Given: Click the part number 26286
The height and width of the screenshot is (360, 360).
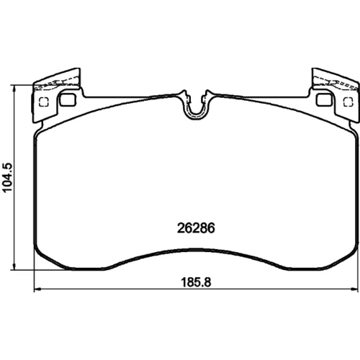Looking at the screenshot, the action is (196, 228).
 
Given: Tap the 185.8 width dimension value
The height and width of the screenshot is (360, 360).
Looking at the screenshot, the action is (196, 282).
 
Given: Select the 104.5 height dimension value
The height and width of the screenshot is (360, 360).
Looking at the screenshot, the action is (7, 177).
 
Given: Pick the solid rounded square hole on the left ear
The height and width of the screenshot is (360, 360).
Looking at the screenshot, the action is (68, 99).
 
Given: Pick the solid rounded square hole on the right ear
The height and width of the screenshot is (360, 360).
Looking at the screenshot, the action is (325, 99).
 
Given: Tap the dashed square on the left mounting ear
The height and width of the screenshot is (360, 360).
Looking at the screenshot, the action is (44, 102).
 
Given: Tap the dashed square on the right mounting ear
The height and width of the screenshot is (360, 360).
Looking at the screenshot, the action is (348, 102).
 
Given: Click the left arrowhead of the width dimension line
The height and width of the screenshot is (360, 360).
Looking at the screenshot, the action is (38, 289).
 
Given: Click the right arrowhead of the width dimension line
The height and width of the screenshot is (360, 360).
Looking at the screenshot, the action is (354, 289).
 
